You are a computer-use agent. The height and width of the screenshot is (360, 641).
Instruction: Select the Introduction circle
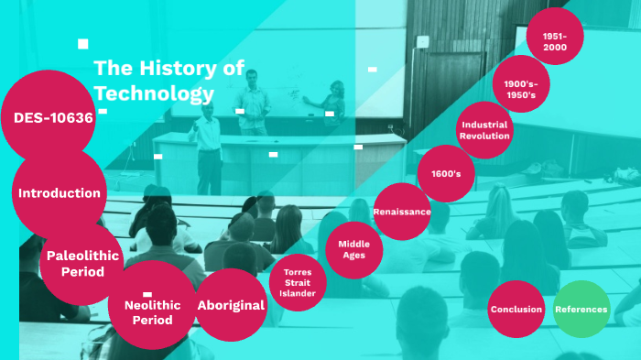(x=60, y=193)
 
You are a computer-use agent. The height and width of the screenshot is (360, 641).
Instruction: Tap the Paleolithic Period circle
(x=82, y=263)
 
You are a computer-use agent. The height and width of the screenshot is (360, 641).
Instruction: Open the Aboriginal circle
(x=231, y=305)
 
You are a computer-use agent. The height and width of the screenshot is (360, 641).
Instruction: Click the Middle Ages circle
(x=353, y=249)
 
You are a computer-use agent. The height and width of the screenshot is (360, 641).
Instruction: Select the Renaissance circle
(x=402, y=212)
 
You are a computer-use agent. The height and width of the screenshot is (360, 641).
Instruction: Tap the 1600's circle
(x=446, y=173)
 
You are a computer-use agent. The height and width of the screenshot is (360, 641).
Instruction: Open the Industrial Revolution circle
(x=484, y=130)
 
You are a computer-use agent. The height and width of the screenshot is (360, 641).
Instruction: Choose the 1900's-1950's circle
(x=520, y=89)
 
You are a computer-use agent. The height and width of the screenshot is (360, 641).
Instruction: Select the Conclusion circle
(x=516, y=309)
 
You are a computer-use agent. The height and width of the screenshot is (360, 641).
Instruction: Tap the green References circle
(x=581, y=309)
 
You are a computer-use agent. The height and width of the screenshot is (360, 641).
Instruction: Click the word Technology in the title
(x=154, y=93)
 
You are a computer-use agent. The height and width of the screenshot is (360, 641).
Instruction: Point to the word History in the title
(x=189, y=67)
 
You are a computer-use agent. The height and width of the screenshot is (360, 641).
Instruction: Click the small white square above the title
(x=83, y=43)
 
